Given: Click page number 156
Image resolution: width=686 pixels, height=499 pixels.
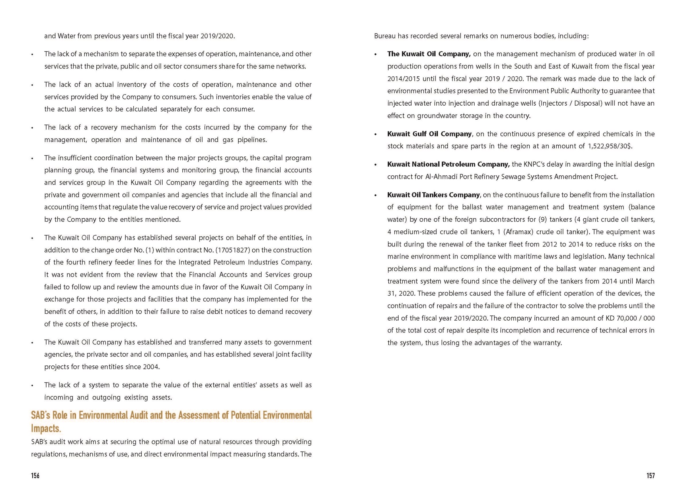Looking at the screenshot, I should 35,475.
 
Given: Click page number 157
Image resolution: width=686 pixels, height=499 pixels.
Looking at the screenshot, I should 651,475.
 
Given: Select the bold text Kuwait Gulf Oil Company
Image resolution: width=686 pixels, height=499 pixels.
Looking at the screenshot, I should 429,134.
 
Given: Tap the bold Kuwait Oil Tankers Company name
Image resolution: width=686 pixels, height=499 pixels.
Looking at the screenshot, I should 433,195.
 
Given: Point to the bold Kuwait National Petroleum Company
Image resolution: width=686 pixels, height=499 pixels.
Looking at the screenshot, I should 448,164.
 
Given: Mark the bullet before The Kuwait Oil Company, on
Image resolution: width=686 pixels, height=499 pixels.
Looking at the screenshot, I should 376,55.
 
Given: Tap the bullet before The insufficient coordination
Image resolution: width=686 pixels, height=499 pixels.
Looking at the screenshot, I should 32,158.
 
